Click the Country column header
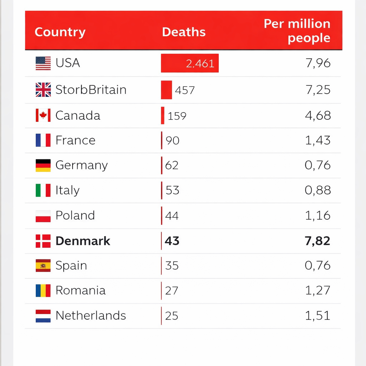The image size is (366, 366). pyautogui.click(x=60, y=32)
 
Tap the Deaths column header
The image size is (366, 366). pyautogui.click(x=184, y=32)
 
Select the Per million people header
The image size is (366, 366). pyautogui.click(x=297, y=31)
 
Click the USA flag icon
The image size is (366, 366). pyautogui.click(x=43, y=63)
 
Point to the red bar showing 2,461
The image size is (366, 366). pyautogui.click(x=190, y=63)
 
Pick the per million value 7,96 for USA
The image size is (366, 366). pyautogui.click(x=318, y=63)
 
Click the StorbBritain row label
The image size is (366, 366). pyautogui.click(x=91, y=89)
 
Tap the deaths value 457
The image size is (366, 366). pyautogui.click(x=185, y=90)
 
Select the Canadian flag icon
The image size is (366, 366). pyautogui.click(x=43, y=115)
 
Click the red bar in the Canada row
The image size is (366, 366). pyautogui.click(x=163, y=115)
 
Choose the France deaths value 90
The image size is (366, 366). pyautogui.click(x=173, y=140)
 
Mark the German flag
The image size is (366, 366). pyautogui.click(x=43, y=165)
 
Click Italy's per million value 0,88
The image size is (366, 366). pyautogui.click(x=318, y=190)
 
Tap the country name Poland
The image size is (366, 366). pyautogui.click(x=75, y=216)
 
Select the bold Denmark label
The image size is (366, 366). pyautogui.click(x=83, y=241)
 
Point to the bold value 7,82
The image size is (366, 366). pyautogui.click(x=318, y=241)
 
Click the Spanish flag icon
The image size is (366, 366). pyautogui.click(x=43, y=266)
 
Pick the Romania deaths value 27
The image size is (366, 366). pyautogui.click(x=172, y=291)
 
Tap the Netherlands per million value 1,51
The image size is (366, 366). pyautogui.click(x=318, y=316)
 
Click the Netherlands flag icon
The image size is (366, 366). pyautogui.click(x=43, y=316)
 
